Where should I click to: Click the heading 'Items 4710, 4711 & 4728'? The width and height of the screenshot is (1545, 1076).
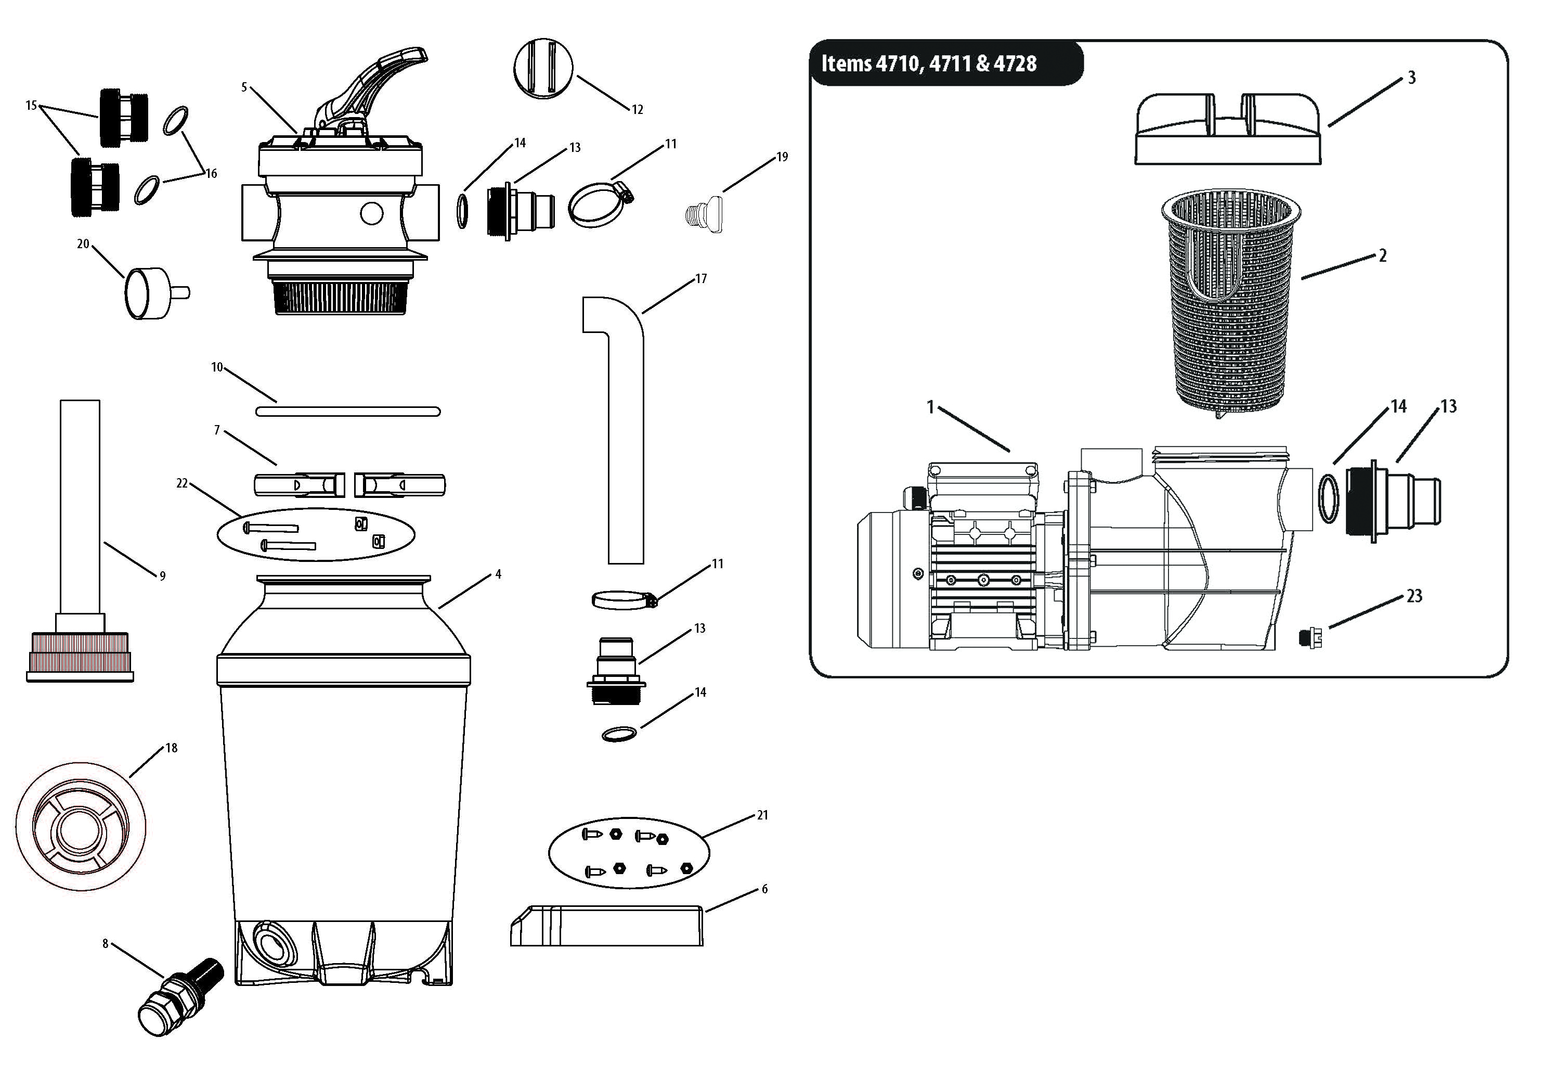tap(929, 63)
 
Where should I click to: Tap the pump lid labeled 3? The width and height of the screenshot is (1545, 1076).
tap(1228, 129)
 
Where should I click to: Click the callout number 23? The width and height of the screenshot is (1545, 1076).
tap(1414, 596)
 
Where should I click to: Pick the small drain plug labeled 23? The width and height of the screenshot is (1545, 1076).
tap(1310, 636)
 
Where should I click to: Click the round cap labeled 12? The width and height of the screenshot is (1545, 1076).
tap(544, 69)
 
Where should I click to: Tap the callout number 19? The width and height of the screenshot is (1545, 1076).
tap(782, 157)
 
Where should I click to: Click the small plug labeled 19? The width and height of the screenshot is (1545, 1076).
tap(703, 213)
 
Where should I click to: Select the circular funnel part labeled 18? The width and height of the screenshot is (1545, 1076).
tap(80, 827)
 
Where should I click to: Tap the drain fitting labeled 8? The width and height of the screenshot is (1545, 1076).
tap(180, 997)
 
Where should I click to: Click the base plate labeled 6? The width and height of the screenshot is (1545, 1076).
tap(607, 926)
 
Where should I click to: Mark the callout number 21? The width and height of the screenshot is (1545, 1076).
tap(762, 815)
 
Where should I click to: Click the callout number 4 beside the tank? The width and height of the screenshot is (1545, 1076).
tap(498, 574)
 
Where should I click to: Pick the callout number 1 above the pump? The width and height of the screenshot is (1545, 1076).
tap(931, 407)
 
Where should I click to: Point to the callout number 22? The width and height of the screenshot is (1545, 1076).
tap(181, 483)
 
